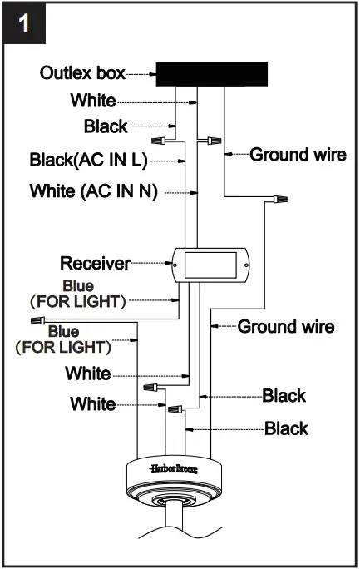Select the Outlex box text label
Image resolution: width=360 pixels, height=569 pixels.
click(82, 73)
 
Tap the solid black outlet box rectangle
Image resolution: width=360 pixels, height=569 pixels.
click(212, 73)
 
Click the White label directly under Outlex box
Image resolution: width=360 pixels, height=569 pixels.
click(93, 101)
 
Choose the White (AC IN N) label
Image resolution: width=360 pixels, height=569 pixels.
click(93, 190)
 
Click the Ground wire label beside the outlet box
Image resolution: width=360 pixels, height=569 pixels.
click(298, 154)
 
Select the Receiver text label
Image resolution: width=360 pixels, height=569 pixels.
click(95, 264)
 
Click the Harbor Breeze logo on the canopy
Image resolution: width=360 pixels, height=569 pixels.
click(172, 470)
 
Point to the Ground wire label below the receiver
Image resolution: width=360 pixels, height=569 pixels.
click(286, 326)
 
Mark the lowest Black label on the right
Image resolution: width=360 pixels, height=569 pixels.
click(286, 428)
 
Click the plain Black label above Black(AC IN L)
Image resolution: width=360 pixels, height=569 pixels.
click(106, 126)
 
